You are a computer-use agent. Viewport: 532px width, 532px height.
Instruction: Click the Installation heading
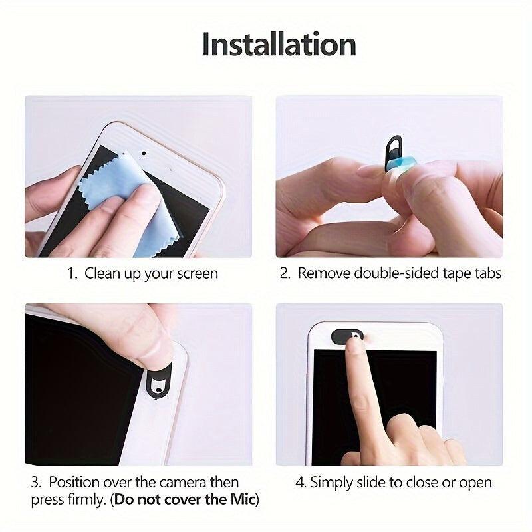point(279,45)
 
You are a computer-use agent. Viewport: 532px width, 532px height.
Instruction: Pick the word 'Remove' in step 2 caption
point(322,273)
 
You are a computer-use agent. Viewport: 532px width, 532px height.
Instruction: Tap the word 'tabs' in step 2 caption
point(486,273)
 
